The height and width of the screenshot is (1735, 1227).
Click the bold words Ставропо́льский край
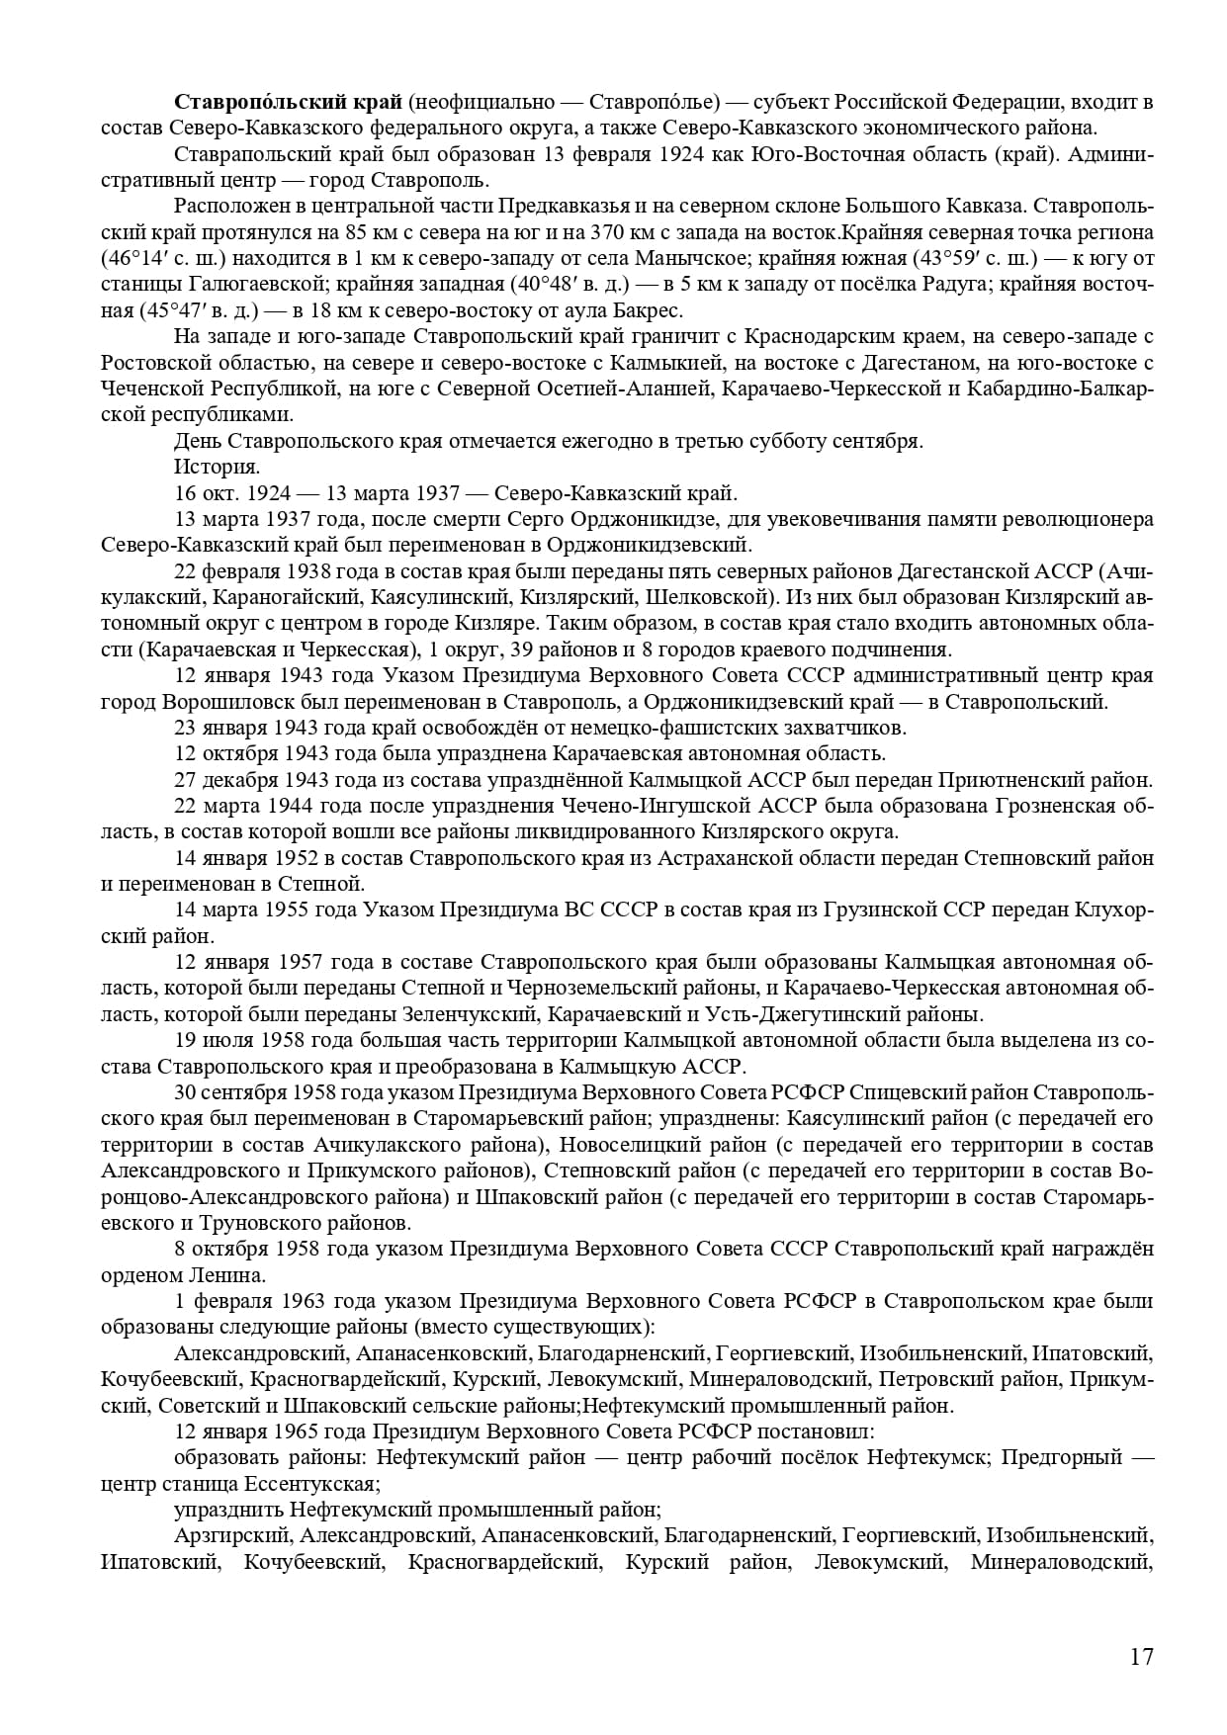[288, 102]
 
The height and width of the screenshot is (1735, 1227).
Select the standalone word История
[217, 467]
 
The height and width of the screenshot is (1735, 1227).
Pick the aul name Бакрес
[647, 310]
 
